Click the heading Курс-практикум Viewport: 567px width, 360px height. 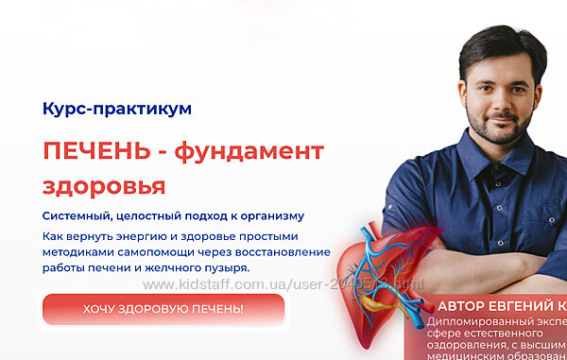click(117, 109)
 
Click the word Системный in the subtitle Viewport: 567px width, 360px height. click(77, 216)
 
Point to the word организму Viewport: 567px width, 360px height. click(270, 216)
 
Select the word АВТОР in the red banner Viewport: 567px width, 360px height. click(466, 307)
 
